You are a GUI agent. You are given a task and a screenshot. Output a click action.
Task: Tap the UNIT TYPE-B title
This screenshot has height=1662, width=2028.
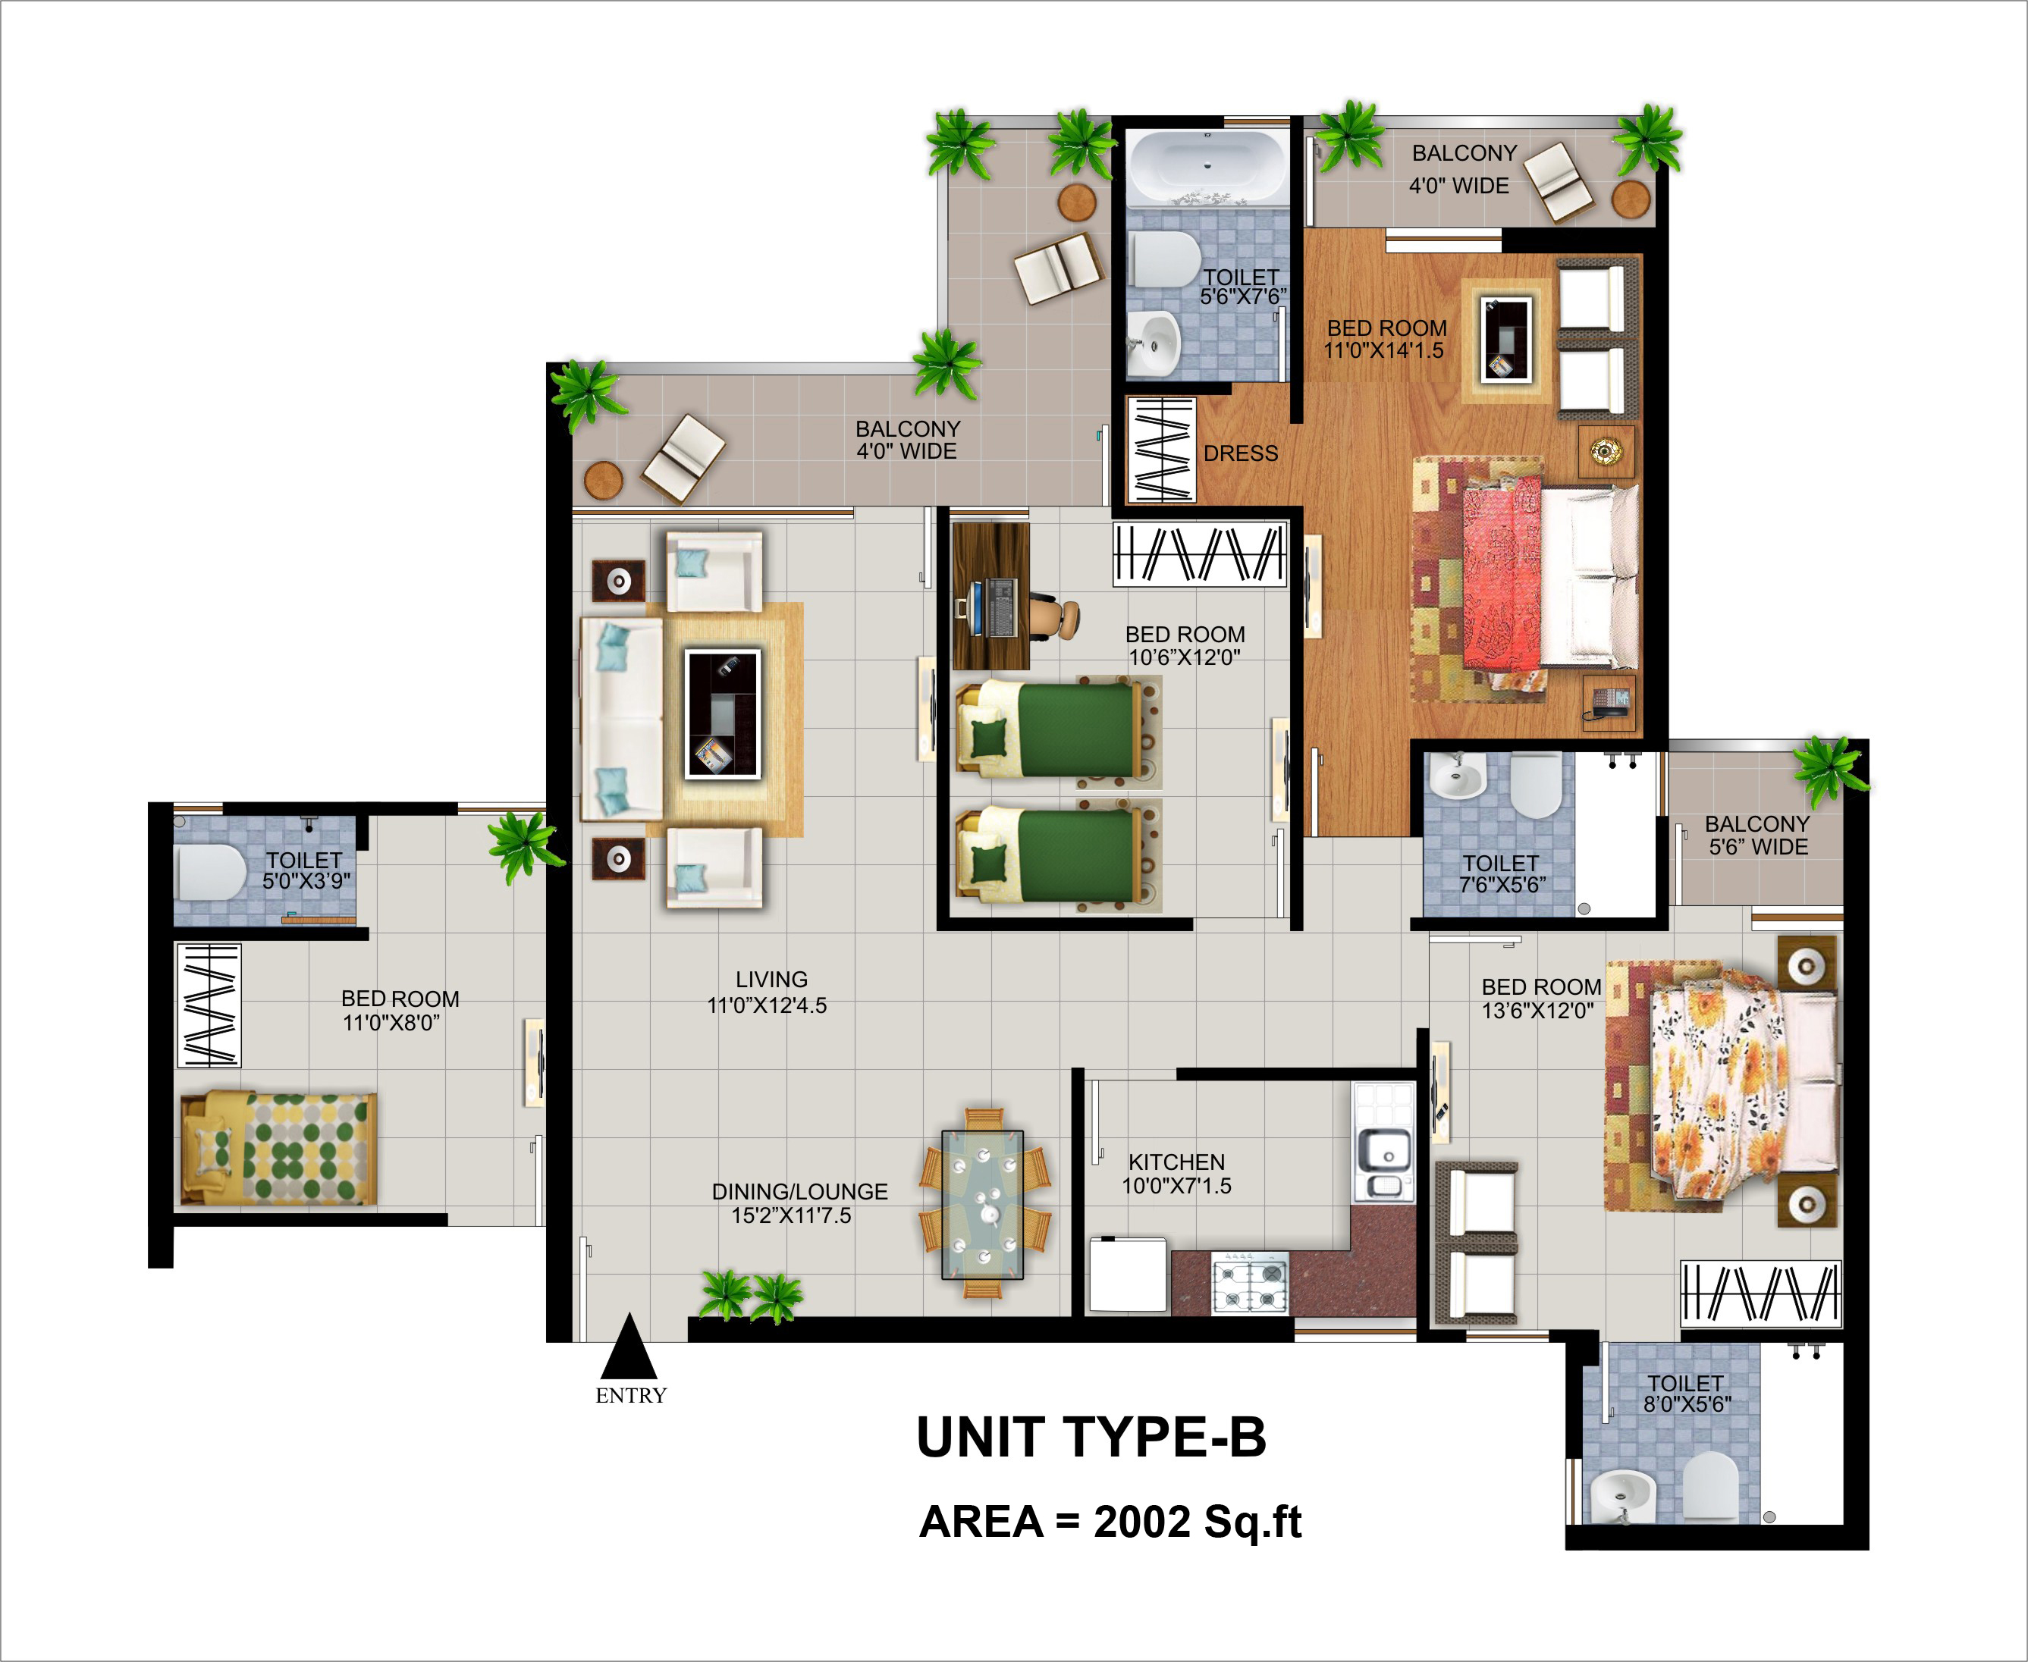pyautogui.click(x=1091, y=1438)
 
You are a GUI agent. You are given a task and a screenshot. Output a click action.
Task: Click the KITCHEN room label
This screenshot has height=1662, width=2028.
pyautogui.click(x=1177, y=1162)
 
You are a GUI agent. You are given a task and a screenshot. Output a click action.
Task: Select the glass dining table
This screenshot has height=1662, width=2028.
pyautogui.click(x=982, y=1204)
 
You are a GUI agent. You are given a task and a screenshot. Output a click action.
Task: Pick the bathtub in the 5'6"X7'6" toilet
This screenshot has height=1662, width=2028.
pyautogui.click(x=1207, y=168)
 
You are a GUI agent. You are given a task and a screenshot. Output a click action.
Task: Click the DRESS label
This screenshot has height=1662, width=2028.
pyautogui.click(x=1241, y=454)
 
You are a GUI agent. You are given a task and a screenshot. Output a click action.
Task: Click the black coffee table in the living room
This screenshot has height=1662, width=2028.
pyautogui.click(x=722, y=713)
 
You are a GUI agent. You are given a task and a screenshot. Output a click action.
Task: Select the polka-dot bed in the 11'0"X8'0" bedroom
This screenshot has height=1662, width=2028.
pyautogui.click(x=278, y=1148)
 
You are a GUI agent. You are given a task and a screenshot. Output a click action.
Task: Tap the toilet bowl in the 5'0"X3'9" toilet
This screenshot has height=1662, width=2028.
pyautogui.click(x=212, y=871)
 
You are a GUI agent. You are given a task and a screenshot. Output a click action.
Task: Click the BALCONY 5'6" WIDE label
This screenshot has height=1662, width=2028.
pyautogui.click(x=1758, y=835)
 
